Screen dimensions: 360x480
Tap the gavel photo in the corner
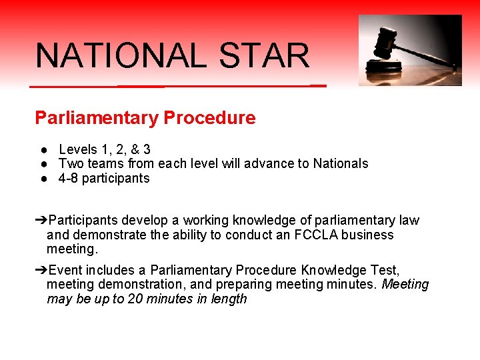point(410,50)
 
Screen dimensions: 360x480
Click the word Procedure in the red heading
point(209,119)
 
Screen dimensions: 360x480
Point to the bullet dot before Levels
point(42,150)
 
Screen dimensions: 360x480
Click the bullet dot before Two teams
point(42,164)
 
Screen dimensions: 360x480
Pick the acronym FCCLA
point(317,235)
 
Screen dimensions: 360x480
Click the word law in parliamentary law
point(409,221)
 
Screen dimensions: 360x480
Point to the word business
point(371,235)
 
